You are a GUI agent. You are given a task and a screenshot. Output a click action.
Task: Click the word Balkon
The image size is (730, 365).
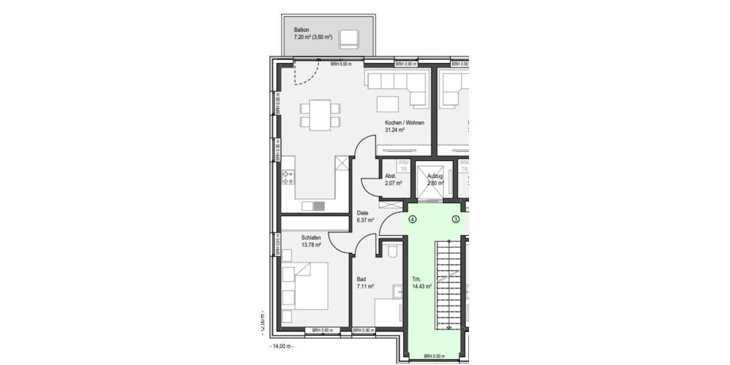pyautogui.click(x=302, y=29)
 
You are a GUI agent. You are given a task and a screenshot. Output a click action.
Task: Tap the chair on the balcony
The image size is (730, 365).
pyautogui.click(x=349, y=38)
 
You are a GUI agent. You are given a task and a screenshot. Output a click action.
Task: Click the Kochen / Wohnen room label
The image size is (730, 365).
pyautogui.click(x=404, y=122)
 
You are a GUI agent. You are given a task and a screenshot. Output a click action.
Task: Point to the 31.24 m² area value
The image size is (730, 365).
pyautogui.click(x=395, y=130)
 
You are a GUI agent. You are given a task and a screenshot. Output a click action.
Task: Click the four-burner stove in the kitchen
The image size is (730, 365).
pyautogui.click(x=288, y=178)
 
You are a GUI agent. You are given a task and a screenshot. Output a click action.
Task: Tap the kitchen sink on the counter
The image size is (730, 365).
pyautogui.click(x=313, y=206)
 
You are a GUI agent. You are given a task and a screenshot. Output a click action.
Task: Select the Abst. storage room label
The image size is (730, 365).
pyautogui.click(x=391, y=176)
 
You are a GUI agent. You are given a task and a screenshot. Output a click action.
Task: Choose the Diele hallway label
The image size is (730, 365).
pyautogui.click(x=363, y=213)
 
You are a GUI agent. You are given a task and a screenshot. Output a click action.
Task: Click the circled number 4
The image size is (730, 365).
pyautogui.click(x=412, y=219)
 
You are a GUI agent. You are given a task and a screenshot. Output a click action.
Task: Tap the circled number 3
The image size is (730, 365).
pyautogui.click(x=455, y=219)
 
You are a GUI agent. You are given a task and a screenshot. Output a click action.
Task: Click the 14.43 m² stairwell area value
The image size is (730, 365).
pyautogui.click(x=422, y=285)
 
